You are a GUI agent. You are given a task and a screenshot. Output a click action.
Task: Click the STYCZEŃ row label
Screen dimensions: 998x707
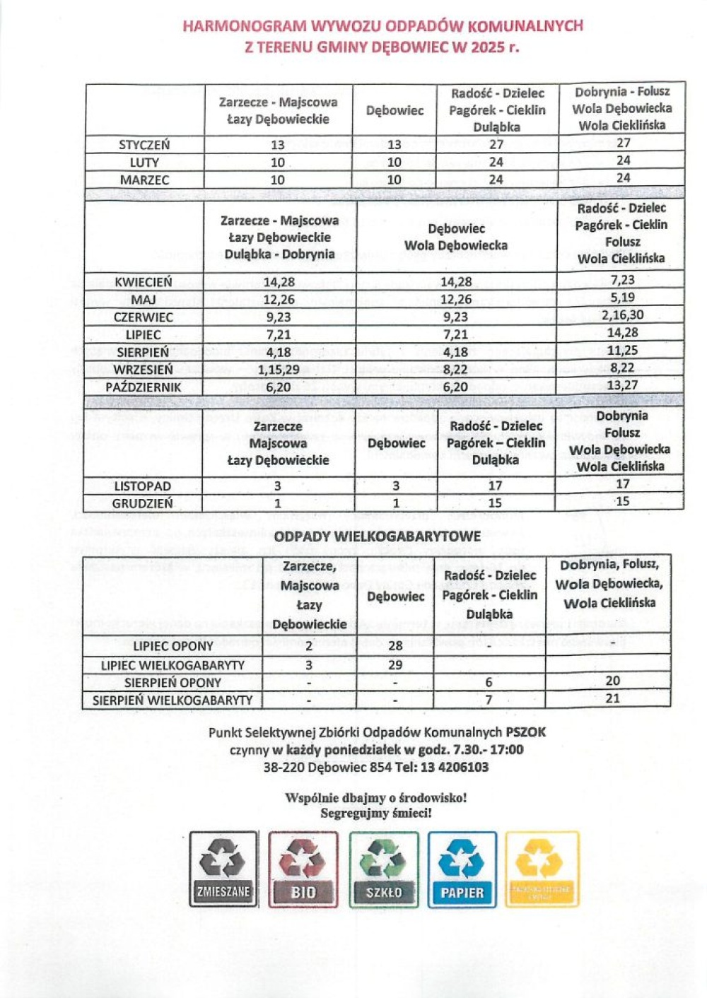pyautogui.click(x=144, y=145)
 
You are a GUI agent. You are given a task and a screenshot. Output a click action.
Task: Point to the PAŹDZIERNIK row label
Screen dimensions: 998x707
pyautogui.click(x=144, y=387)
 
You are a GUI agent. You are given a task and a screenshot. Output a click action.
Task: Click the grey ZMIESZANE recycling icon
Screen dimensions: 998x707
pyautogui.click(x=223, y=869)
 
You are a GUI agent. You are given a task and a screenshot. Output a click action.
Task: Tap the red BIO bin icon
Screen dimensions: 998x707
pyautogui.click(x=303, y=869)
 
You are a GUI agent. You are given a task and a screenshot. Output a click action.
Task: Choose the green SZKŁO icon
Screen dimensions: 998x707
pyautogui.click(x=384, y=869)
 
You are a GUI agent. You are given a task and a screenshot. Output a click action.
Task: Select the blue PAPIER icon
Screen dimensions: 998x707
pyautogui.click(x=462, y=869)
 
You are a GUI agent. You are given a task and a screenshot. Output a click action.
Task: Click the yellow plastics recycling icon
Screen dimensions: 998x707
pyautogui.click(x=542, y=869)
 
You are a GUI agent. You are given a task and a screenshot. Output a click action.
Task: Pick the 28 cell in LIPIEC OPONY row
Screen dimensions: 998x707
pyautogui.click(x=395, y=645)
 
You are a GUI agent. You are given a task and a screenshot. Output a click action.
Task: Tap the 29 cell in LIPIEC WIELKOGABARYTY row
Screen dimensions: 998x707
pyautogui.click(x=395, y=664)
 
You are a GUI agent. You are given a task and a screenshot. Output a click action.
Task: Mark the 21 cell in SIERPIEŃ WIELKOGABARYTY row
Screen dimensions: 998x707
pyautogui.click(x=612, y=698)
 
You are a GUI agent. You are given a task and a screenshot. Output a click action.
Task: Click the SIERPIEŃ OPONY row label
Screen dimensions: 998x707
pyautogui.click(x=173, y=683)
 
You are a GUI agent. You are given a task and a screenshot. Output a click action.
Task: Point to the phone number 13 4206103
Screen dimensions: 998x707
pyautogui.click(x=453, y=767)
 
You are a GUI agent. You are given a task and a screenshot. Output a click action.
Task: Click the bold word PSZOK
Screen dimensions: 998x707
pyautogui.click(x=526, y=732)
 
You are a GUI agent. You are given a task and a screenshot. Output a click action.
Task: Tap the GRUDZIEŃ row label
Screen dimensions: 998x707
pyautogui.click(x=142, y=504)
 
